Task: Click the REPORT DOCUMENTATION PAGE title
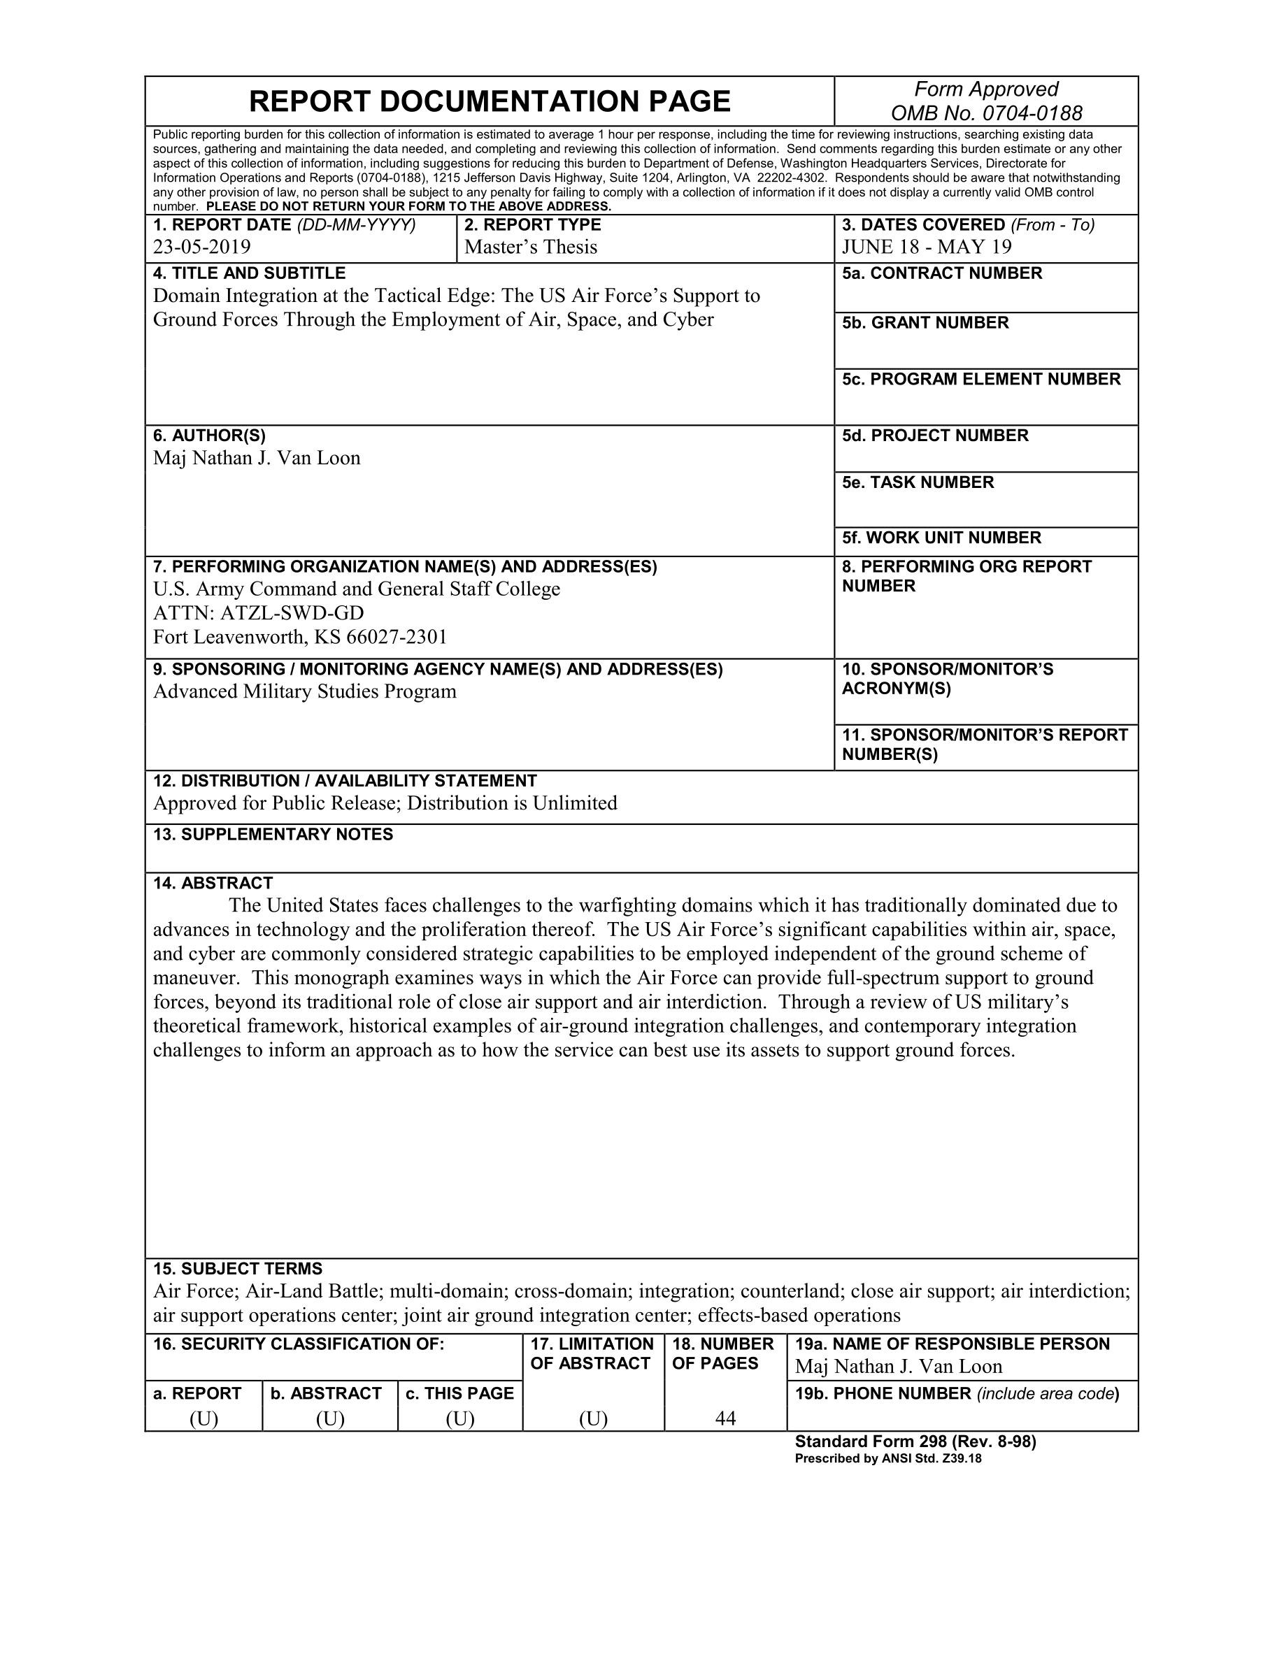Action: click(x=489, y=102)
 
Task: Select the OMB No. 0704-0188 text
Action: click(x=986, y=113)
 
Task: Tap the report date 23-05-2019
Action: click(x=201, y=247)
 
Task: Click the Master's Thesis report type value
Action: click(x=530, y=247)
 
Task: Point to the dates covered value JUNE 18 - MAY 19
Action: click(x=927, y=247)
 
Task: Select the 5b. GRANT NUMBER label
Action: click(x=925, y=323)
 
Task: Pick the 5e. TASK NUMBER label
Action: click(x=918, y=483)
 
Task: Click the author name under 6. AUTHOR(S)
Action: click(x=257, y=459)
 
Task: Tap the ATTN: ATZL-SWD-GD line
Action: click(x=258, y=613)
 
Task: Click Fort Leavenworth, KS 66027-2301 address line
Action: click(x=300, y=638)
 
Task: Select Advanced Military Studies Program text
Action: click(x=304, y=692)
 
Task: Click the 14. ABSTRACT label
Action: click(x=213, y=884)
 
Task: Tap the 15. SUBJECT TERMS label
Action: click(x=237, y=1270)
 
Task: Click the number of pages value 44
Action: click(x=725, y=1418)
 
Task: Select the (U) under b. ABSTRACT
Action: click(x=330, y=1419)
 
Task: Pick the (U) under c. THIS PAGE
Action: click(x=460, y=1419)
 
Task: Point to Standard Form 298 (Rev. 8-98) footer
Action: click(x=915, y=1442)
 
